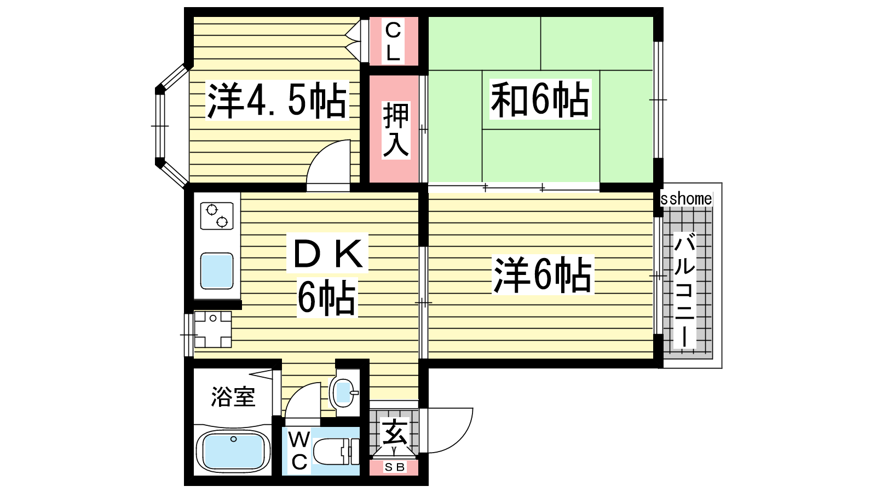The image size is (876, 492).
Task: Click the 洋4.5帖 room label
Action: click(x=277, y=101)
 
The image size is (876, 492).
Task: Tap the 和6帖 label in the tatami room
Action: click(x=540, y=99)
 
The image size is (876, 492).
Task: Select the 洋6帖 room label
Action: click(x=543, y=274)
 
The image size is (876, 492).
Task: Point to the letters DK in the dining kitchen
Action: click(x=328, y=253)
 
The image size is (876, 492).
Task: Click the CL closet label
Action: click(x=393, y=42)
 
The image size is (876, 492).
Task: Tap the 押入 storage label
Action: click(x=396, y=130)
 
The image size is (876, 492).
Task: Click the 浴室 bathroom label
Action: click(x=233, y=397)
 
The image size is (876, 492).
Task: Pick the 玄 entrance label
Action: click(x=394, y=432)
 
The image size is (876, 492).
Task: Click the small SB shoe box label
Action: click(x=394, y=467)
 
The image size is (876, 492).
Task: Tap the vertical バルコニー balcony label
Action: click(x=684, y=290)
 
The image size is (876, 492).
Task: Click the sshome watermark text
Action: click(x=686, y=199)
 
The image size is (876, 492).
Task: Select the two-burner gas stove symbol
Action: click(x=217, y=215)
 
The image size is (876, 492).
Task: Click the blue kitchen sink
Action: click(x=217, y=270)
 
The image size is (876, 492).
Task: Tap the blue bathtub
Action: click(x=233, y=452)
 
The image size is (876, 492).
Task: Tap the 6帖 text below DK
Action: click(x=327, y=297)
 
